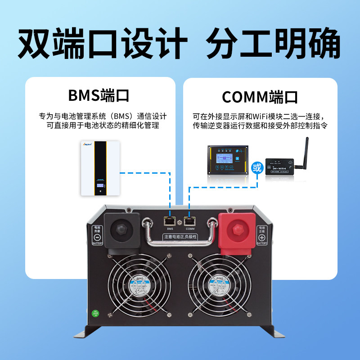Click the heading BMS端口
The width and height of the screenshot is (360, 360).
pos(99,95)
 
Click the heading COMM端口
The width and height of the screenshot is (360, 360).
pos(260,96)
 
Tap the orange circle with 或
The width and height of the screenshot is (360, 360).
pos(257,168)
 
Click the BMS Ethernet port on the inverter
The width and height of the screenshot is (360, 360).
pos(170,221)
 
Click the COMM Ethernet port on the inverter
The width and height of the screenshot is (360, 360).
pos(189,221)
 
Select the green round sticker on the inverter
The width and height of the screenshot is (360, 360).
pos(95,313)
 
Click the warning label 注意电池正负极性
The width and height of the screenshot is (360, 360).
pos(180,236)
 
